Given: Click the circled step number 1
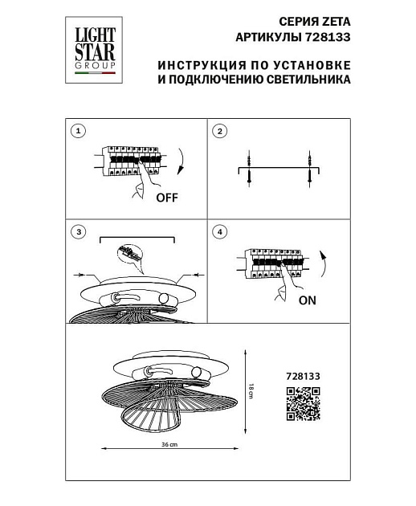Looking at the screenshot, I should click(x=78, y=131).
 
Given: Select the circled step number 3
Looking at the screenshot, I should click(x=78, y=233).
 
